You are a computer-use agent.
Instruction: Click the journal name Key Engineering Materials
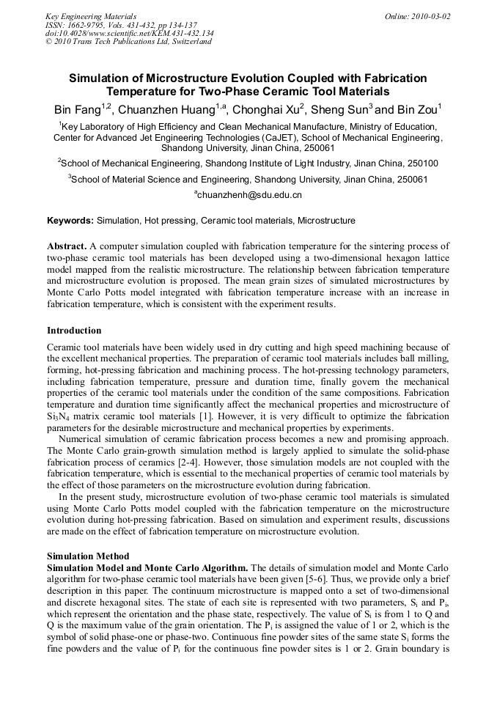point(90,16)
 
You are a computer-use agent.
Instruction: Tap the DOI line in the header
point(129,33)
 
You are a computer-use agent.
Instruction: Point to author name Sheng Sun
point(339,111)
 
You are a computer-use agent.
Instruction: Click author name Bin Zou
point(416,111)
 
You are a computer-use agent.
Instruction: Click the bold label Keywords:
point(70,221)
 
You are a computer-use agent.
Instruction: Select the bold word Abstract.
point(67,246)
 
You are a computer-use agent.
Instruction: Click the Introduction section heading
point(74,331)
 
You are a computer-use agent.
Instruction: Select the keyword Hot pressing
point(165,221)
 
